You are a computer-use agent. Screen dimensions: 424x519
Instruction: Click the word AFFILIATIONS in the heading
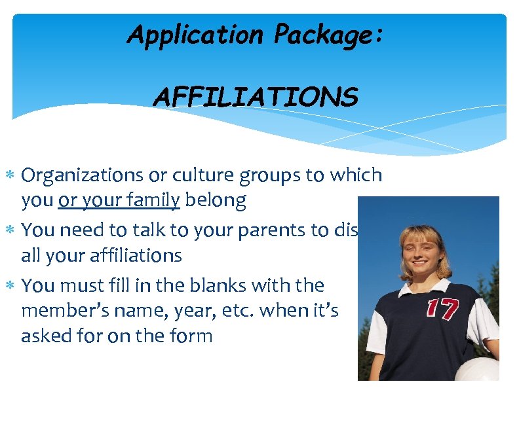256,98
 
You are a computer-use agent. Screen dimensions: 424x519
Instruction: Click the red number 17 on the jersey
442,309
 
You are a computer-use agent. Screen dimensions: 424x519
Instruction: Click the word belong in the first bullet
216,200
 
